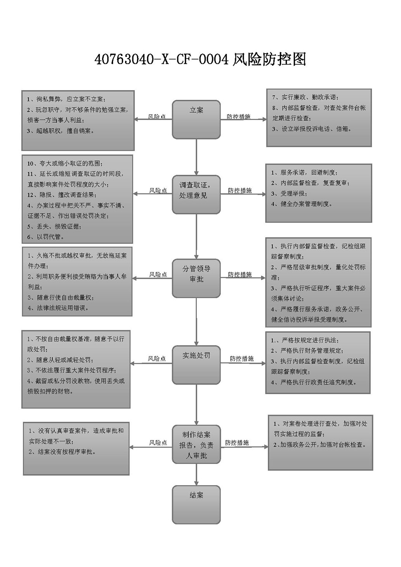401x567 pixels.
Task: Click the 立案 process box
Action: tap(196, 119)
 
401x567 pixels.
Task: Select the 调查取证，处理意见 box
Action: tap(196, 194)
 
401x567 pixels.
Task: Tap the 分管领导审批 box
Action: tap(196, 278)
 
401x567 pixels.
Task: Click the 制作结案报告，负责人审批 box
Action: tap(196, 444)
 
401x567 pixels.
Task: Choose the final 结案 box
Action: tap(196, 504)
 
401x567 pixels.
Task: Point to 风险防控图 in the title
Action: tap(269, 59)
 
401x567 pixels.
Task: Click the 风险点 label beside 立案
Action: tap(157, 117)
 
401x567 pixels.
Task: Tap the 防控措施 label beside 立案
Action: tap(238, 117)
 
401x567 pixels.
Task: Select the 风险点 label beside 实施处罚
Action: tap(157, 358)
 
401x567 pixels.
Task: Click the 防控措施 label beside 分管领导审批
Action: tap(240, 275)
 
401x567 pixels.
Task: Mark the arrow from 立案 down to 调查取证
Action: tap(196, 157)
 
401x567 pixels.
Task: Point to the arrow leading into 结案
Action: tap(196, 475)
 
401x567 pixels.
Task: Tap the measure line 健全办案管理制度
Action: tap(306, 203)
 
